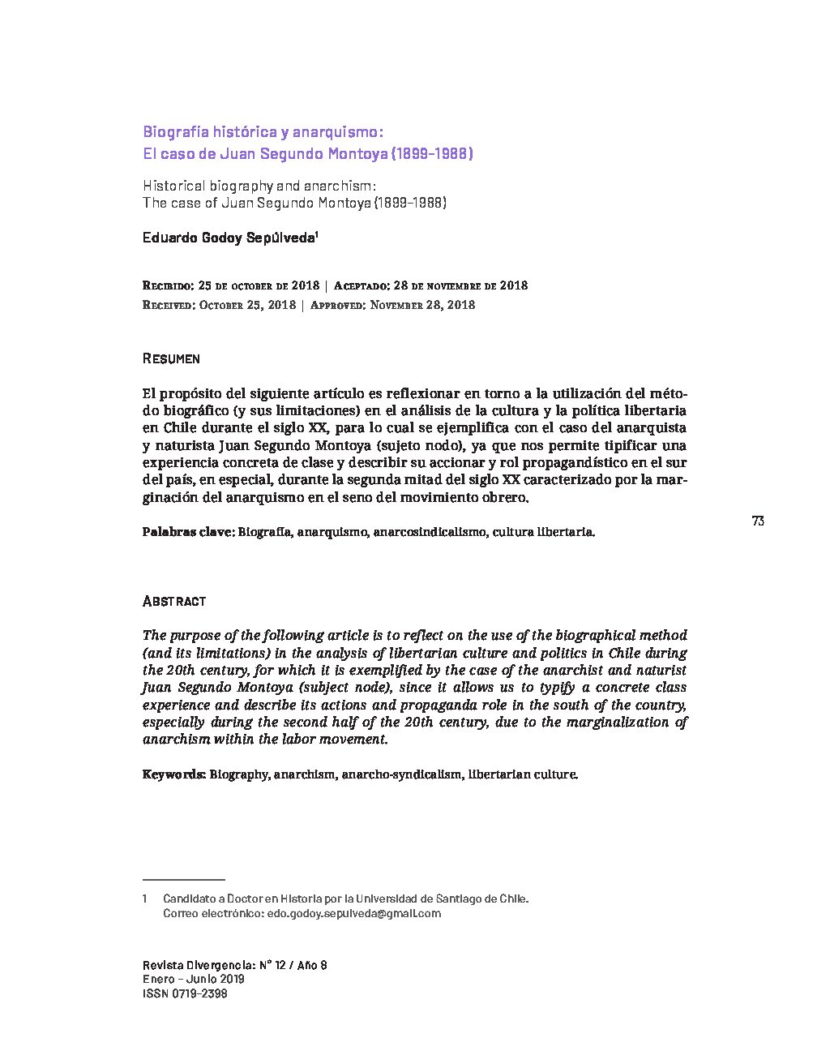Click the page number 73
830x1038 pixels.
pos(758,521)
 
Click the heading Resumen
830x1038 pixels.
pos(171,358)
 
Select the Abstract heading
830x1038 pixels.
pos(174,601)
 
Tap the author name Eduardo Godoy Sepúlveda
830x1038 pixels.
pos(229,238)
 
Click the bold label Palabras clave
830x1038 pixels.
pos(188,533)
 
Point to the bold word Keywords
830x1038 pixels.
pos(174,774)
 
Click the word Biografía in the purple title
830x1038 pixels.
pos(176,131)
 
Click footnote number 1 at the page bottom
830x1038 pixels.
pos(145,899)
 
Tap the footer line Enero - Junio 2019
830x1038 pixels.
pos(193,979)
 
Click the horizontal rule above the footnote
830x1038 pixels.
pos(183,879)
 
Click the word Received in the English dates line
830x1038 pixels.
pos(168,306)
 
